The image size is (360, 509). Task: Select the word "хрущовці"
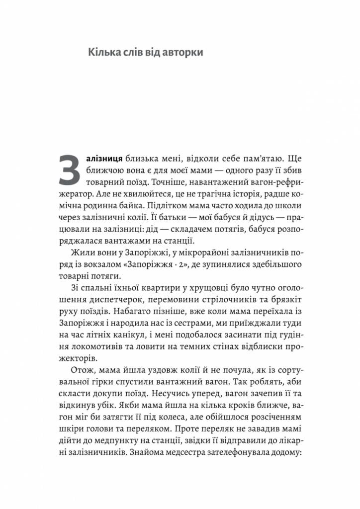click(x=200, y=289)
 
